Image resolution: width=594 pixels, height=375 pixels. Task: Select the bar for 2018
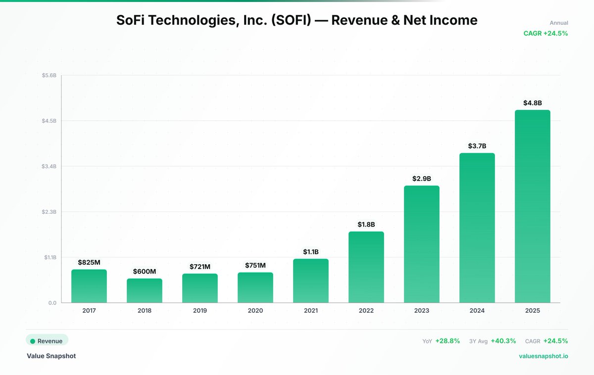coord(145,290)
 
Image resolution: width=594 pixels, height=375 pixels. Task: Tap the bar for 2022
coord(366,267)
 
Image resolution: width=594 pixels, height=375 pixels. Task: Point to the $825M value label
coord(89,262)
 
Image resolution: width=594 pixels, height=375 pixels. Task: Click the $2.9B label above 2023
coord(422,178)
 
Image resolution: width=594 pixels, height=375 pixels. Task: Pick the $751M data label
coord(255,265)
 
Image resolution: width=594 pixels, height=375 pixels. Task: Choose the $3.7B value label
coord(477,146)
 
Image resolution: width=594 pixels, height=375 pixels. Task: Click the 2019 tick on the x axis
coord(200,311)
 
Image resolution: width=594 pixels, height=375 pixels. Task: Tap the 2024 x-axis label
coord(477,311)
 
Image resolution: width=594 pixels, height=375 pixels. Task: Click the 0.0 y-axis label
coord(52,303)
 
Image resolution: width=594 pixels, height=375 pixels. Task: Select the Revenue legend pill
coord(47,340)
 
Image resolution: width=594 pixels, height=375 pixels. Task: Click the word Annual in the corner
coord(559,23)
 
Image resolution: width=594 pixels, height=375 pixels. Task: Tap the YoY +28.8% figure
coord(447,341)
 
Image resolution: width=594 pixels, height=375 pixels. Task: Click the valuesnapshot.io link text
coord(544,356)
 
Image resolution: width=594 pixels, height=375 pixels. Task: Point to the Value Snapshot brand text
coord(51,356)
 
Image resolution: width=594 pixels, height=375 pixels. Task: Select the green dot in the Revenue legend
coord(33,341)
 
